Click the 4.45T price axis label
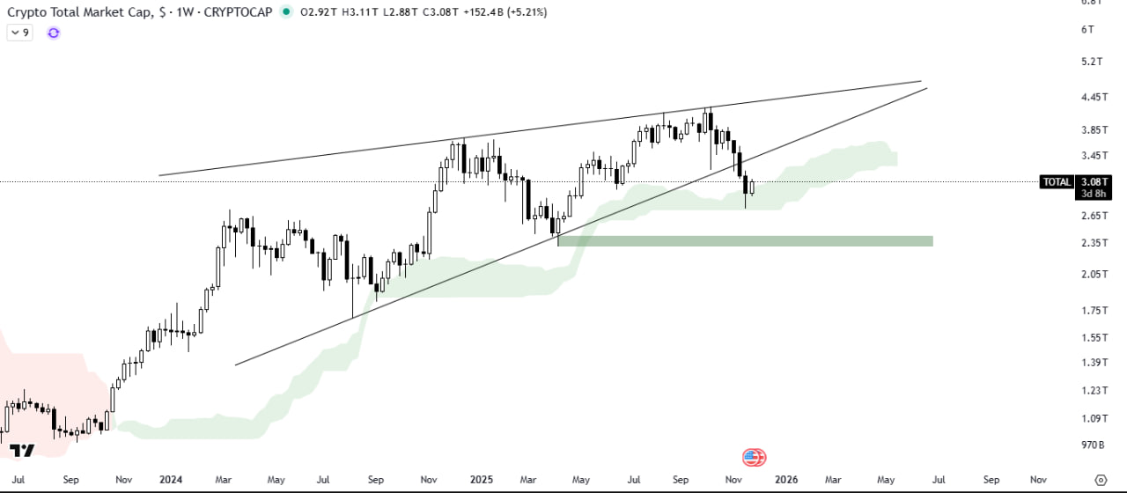coord(1093,98)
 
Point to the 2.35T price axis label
coord(1093,243)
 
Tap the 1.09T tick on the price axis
coord(1093,419)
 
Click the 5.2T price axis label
coord(1093,62)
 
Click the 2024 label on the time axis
coord(171,480)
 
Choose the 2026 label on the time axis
coord(786,480)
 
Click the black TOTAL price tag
coord(1057,182)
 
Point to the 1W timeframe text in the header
coord(184,12)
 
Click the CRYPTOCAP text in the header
coord(238,12)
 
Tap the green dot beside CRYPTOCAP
coord(285,12)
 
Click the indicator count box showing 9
coord(20,33)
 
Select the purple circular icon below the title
coord(54,33)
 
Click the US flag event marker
coord(754,457)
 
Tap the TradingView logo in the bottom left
coord(22,451)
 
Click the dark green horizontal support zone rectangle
coord(745,240)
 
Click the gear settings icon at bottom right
coord(1100,480)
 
